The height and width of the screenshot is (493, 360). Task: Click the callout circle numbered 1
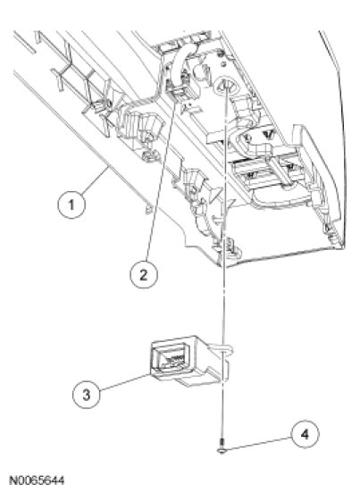pyautogui.click(x=71, y=205)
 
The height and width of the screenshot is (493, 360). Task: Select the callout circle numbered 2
pyautogui.click(x=143, y=274)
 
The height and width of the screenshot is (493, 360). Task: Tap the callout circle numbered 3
pyautogui.click(x=86, y=394)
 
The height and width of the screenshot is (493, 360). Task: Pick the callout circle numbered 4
pyautogui.click(x=305, y=434)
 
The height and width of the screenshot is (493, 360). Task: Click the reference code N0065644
pyautogui.click(x=38, y=480)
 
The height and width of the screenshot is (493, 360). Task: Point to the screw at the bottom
pyautogui.click(x=222, y=447)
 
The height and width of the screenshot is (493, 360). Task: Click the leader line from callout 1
pyautogui.click(x=96, y=180)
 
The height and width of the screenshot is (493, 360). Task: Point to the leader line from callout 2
pyautogui.click(x=161, y=180)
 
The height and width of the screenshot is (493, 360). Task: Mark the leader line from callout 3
pyautogui.click(x=125, y=382)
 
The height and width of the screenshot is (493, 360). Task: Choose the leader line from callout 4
pyautogui.click(x=259, y=443)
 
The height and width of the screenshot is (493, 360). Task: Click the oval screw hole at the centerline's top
pyautogui.click(x=225, y=85)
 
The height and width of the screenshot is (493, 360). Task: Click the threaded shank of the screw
pyautogui.click(x=222, y=444)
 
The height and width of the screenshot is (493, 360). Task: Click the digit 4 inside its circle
pyautogui.click(x=305, y=434)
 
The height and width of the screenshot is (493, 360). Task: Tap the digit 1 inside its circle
pyautogui.click(x=71, y=205)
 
